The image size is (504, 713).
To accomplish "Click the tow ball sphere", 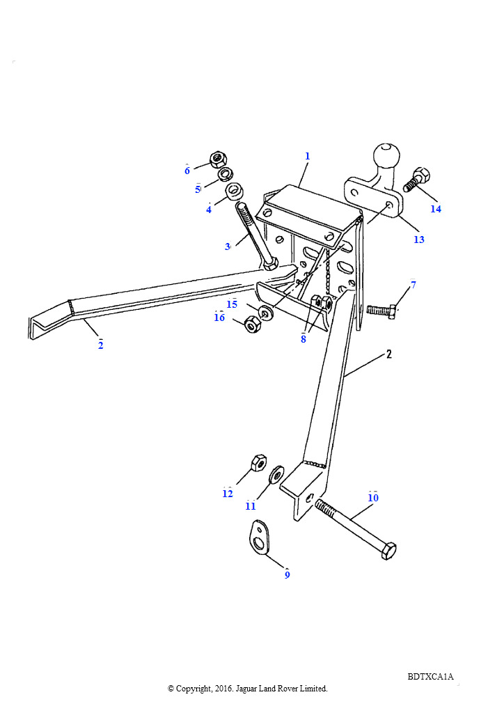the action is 386,156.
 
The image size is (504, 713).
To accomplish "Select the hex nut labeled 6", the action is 218,159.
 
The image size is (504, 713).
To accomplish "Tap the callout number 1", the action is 307,156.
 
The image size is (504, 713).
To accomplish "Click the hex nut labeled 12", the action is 258,462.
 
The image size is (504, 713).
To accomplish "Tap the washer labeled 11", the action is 276,475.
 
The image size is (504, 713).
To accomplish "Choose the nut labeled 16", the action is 252,324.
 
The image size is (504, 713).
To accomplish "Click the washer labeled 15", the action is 265,313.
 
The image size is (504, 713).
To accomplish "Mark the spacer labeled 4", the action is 234,191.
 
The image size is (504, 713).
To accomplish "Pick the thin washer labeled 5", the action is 225,173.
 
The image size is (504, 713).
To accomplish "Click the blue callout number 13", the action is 419,240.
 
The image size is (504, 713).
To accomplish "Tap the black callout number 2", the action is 389,354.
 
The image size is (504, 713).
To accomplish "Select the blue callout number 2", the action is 100,345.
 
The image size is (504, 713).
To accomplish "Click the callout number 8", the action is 304,339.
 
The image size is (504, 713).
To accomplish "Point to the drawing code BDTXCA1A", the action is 430,677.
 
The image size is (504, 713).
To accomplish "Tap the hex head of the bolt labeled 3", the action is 269,263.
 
